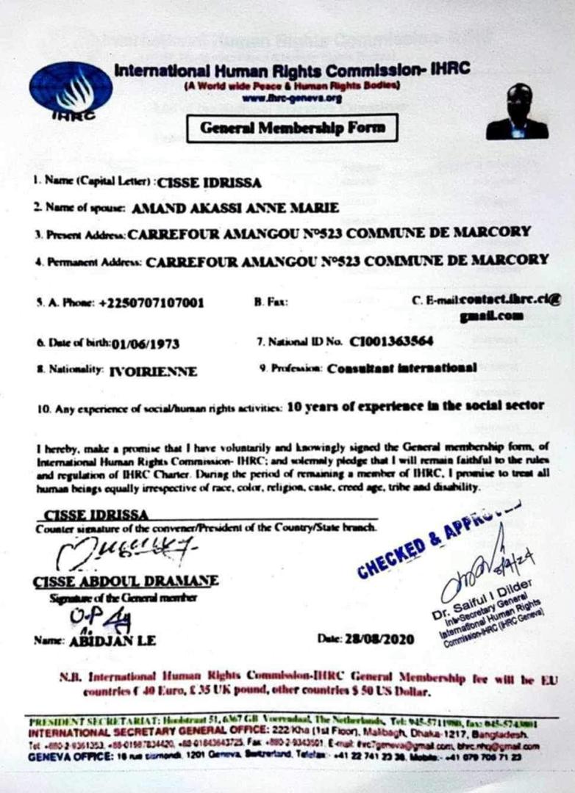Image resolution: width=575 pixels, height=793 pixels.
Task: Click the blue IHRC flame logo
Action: point(71,89)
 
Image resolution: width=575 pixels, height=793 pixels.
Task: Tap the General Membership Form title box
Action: point(292,128)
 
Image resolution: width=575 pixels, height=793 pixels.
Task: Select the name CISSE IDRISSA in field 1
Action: point(210,184)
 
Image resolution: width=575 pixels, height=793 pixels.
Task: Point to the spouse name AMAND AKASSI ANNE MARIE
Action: point(235,208)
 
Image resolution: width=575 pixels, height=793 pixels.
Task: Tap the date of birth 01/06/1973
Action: point(146,343)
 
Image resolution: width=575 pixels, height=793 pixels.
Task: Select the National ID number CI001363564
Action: point(391,341)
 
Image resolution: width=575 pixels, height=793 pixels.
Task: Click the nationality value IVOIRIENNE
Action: point(153,372)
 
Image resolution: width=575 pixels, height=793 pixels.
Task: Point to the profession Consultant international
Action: point(401,368)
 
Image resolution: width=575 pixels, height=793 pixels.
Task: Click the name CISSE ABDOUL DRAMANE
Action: point(126,581)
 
